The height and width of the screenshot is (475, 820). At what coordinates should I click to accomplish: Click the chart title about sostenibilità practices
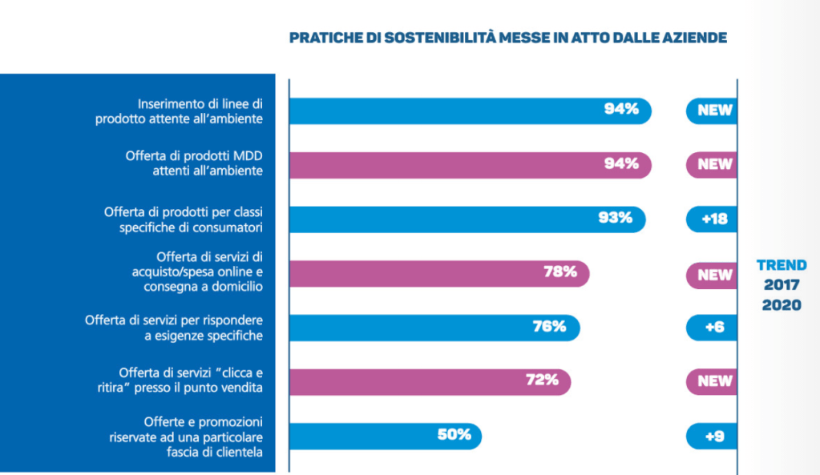click(x=507, y=38)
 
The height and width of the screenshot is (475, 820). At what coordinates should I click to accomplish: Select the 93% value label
click(x=616, y=217)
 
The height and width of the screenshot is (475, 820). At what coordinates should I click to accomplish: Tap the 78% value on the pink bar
click(x=560, y=272)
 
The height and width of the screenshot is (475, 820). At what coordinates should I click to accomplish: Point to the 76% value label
click(x=550, y=326)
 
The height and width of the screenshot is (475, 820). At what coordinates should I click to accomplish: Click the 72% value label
click(x=542, y=380)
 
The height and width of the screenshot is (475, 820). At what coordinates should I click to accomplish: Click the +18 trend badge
click(x=713, y=218)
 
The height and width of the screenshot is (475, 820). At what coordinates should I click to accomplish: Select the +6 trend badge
click(x=713, y=327)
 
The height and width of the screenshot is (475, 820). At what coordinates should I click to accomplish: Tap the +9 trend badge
click(x=713, y=437)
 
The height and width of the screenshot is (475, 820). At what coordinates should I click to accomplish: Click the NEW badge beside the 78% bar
click(x=714, y=275)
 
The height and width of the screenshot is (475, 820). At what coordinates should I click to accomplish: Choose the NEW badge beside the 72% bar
click(x=714, y=381)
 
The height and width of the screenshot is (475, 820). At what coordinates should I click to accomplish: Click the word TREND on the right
click(x=782, y=265)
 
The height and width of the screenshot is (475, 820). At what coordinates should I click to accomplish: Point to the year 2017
click(x=782, y=285)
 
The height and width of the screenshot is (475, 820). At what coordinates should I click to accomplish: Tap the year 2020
click(x=782, y=305)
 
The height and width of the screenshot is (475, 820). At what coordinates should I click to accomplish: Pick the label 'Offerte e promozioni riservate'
click(x=186, y=437)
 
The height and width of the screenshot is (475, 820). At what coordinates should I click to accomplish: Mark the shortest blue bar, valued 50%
click(x=385, y=437)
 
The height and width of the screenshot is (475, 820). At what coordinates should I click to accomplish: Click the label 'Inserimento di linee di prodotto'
click(x=200, y=111)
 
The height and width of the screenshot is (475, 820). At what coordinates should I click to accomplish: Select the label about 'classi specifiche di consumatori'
click(x=184, y=219)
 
